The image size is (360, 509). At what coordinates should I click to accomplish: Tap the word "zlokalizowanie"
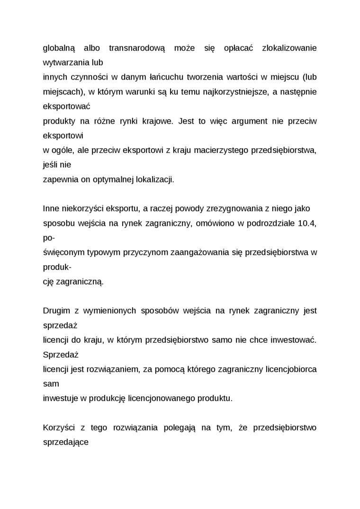pyautogui.click(x=289, y=48)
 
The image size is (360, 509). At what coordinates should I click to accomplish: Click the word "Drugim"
pyautogui.click(x=56, y=311)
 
